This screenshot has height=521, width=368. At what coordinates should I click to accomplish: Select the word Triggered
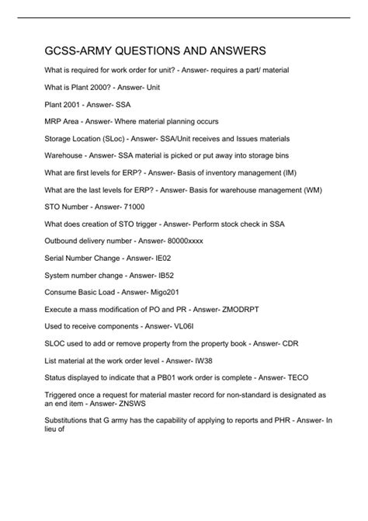tap(63, 415)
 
